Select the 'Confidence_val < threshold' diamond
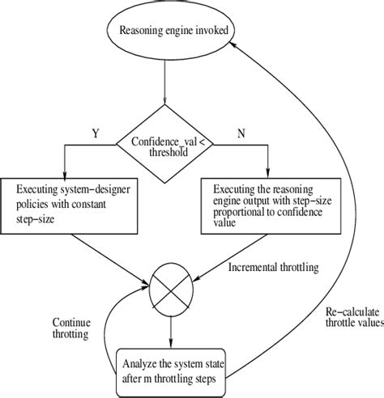pos(165,143)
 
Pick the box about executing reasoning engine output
pos(260,205)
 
